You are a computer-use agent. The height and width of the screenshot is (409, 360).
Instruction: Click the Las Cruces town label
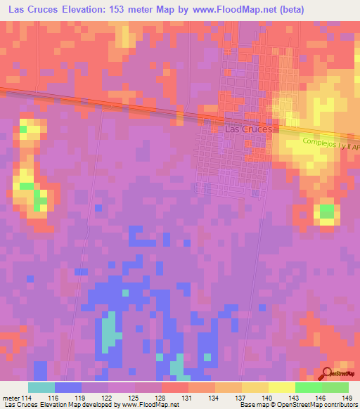pos(247,129)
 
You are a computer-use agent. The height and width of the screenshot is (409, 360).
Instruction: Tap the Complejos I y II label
pos(330,144)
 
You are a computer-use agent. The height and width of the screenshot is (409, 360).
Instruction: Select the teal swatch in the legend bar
pos(41,387)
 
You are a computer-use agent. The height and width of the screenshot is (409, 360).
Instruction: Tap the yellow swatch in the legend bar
pos(282,387)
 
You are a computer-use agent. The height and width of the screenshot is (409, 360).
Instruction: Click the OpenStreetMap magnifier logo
pos(327,372)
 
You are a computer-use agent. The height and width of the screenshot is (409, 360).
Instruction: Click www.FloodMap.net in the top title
pos(223,10)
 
